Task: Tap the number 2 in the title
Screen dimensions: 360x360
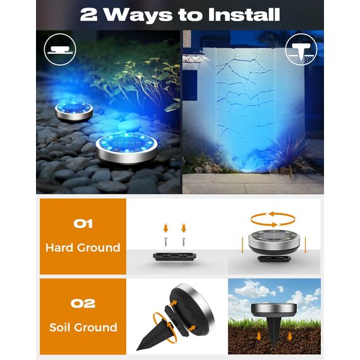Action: tap(89, 14)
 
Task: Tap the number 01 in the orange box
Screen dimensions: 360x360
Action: tap(83, 223)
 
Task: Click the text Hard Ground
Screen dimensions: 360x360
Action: tap(83, 248)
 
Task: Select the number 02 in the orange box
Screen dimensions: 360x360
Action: tap(83, 303)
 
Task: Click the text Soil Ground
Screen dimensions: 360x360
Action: tap(83, 327)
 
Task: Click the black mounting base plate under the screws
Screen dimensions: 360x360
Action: tap(174, 257)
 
